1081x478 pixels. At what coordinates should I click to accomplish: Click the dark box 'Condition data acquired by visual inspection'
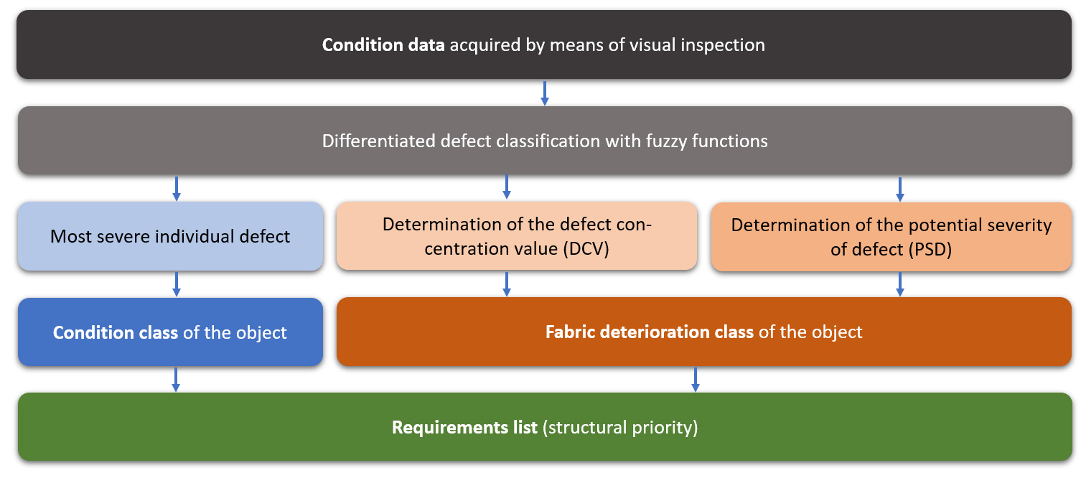pos(543,44)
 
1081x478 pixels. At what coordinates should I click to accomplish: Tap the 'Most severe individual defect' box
pos(170,236)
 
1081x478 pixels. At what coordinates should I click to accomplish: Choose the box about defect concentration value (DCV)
pos(517,235)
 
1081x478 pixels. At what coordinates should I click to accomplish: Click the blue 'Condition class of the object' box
pos(170,332)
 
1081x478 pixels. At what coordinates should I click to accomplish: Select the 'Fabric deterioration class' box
pos(703,332)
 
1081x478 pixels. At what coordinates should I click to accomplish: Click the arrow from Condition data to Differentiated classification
pos(545,93)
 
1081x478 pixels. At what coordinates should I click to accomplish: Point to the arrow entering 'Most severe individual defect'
pos(177,187)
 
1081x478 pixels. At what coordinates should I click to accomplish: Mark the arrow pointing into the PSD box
pos(900,188)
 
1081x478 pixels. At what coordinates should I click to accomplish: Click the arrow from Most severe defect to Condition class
pos(177,283)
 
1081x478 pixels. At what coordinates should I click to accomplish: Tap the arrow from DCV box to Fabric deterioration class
pos(507,283)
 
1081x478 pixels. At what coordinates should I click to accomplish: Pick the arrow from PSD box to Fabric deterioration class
pos(900,283)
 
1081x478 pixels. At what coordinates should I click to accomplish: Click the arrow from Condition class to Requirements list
pos(176,379)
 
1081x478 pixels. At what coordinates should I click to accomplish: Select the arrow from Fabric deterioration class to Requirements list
pos(695,379)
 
